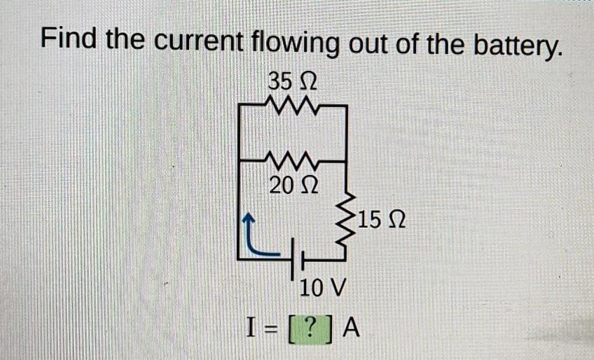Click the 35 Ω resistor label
point(293,81)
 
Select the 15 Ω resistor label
point(381,219)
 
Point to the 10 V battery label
point(323,288)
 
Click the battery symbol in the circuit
point(298,260)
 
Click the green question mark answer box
point(311,328)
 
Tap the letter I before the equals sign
point(251,327)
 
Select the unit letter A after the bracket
point(351,327)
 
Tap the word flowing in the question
point(294,42)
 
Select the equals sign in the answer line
point(268,328)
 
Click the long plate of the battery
point(293,260)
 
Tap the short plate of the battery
point(303,261)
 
